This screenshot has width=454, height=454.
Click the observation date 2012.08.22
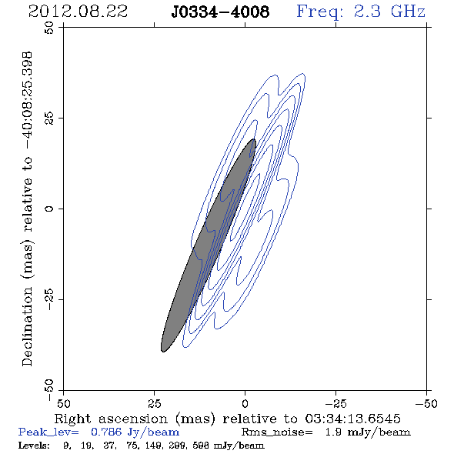(78, 12)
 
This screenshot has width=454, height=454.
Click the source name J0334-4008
(220, 12)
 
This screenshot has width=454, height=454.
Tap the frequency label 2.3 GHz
(389, 12)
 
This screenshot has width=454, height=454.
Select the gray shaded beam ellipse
(209, 245)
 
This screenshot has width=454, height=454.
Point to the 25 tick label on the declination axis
(49, 119)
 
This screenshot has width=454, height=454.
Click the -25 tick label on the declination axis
(49, 299)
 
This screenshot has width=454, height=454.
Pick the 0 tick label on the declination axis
(49, 209)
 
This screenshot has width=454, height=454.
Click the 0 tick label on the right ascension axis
(245, 404)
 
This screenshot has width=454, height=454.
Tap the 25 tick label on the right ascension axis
(154, 404)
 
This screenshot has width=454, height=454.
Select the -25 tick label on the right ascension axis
(335, 404)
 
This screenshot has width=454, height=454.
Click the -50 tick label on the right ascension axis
(426, 404)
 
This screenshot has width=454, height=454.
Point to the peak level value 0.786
(106, 432)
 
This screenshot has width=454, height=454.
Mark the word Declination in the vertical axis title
(27, 326)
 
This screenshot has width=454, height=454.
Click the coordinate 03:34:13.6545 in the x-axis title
(353, 419)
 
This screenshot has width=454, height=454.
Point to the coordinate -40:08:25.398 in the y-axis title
(27, 100)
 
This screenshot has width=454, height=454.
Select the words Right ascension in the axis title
(111, 419)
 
